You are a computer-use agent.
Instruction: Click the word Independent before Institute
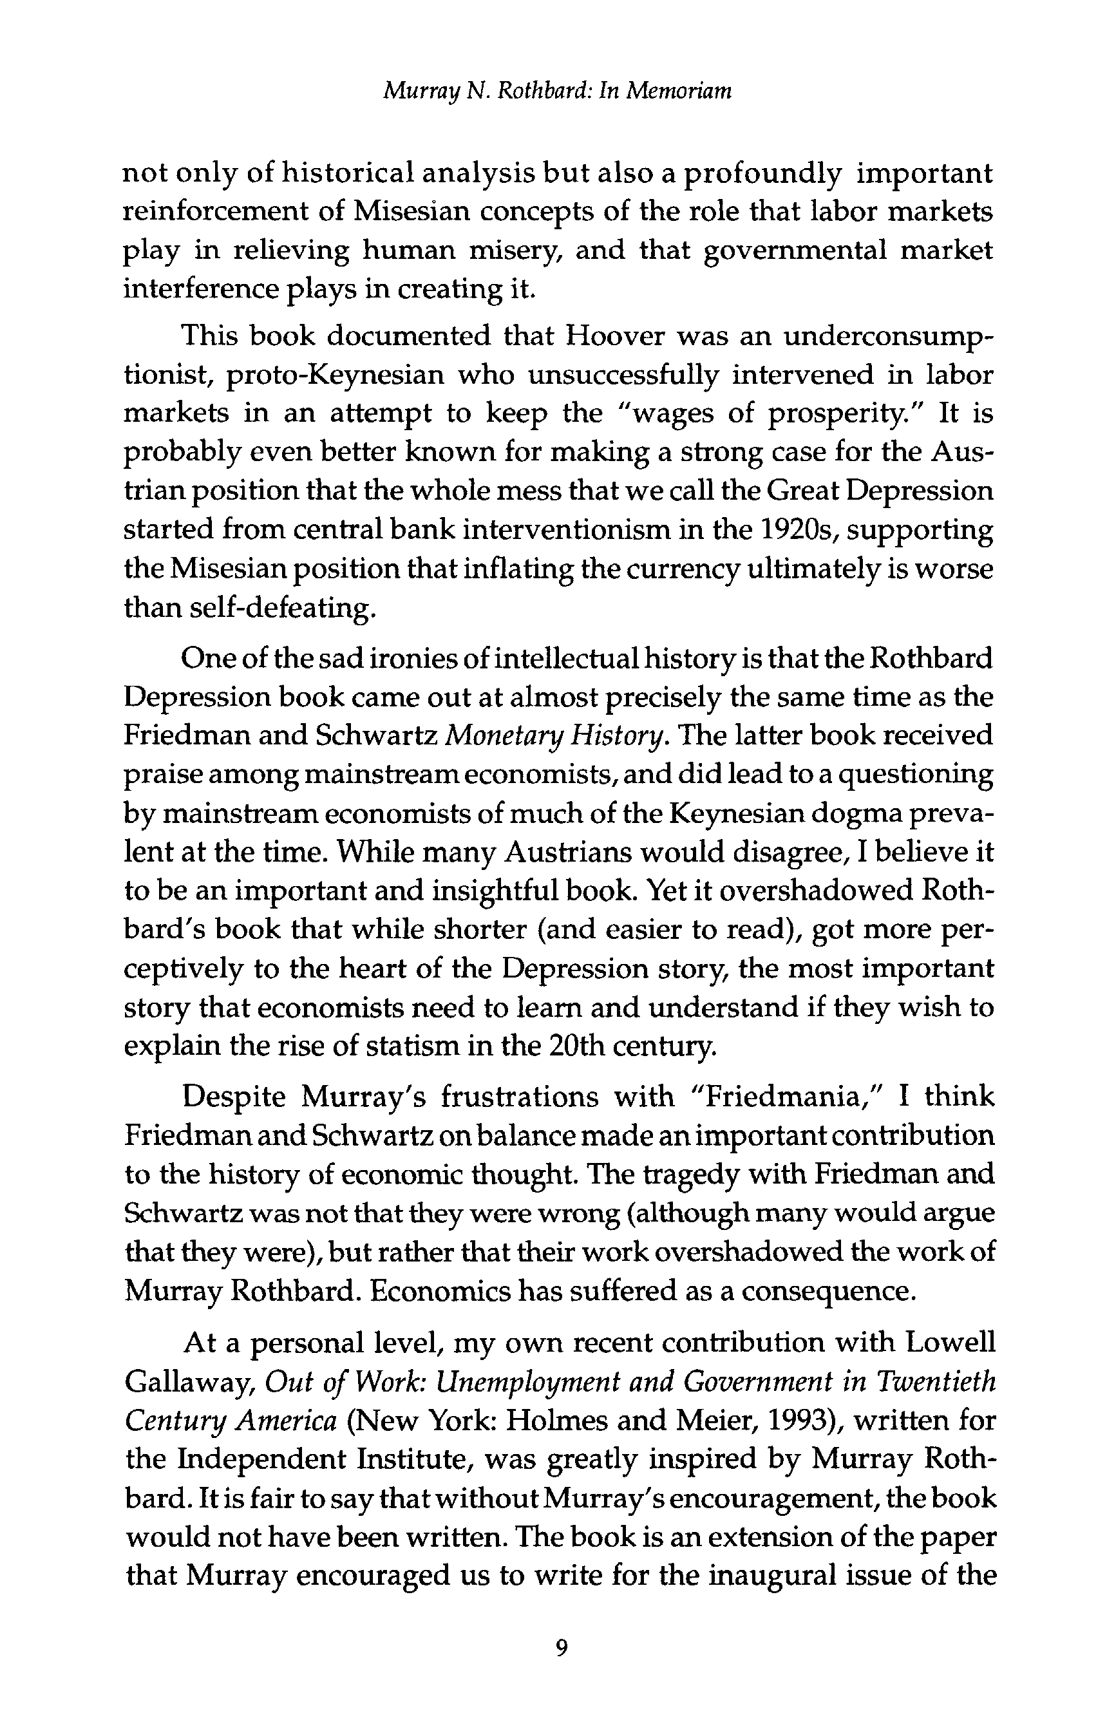pyautogui.click(x=259, y=1459)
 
